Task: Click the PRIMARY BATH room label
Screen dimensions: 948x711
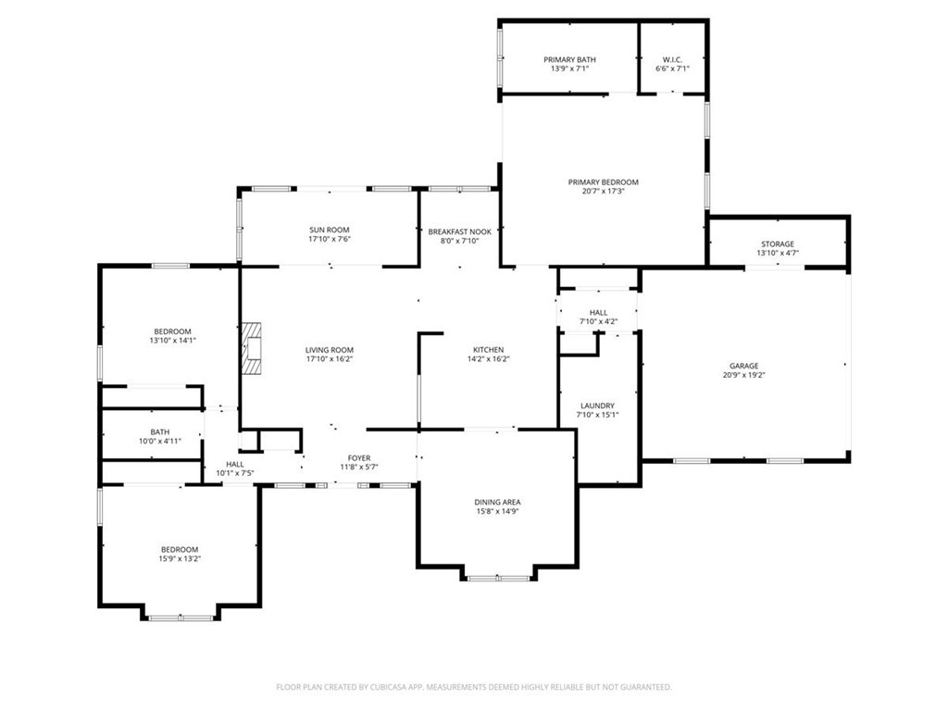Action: tap(569, 59)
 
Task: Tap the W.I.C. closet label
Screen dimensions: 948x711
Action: tap(672, 59)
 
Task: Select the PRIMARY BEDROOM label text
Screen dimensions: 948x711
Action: tap(603, 182)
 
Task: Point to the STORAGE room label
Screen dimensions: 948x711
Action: tap(778, 244)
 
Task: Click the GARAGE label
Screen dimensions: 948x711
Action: tap(743, 366)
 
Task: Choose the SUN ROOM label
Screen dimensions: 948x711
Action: tap(330, 230)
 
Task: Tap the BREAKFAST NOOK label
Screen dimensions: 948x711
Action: tap(460, 231)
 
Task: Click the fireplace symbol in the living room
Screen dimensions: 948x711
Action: tap(252, 349)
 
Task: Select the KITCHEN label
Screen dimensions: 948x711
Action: tap(489, 349)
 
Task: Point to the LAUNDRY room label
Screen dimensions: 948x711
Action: tap(597, 405)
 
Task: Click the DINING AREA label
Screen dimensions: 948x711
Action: tap(497, 502)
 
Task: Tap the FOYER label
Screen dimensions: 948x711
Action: tap(359, 458)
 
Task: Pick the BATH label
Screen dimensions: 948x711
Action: tap(160, 432)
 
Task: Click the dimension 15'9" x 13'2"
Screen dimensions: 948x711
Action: tap(180, 558)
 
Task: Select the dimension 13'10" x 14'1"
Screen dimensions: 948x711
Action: tap(173, 341)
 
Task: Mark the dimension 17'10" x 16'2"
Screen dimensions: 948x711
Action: tap(330, 358)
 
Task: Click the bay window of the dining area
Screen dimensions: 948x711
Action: tap(499, 578)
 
